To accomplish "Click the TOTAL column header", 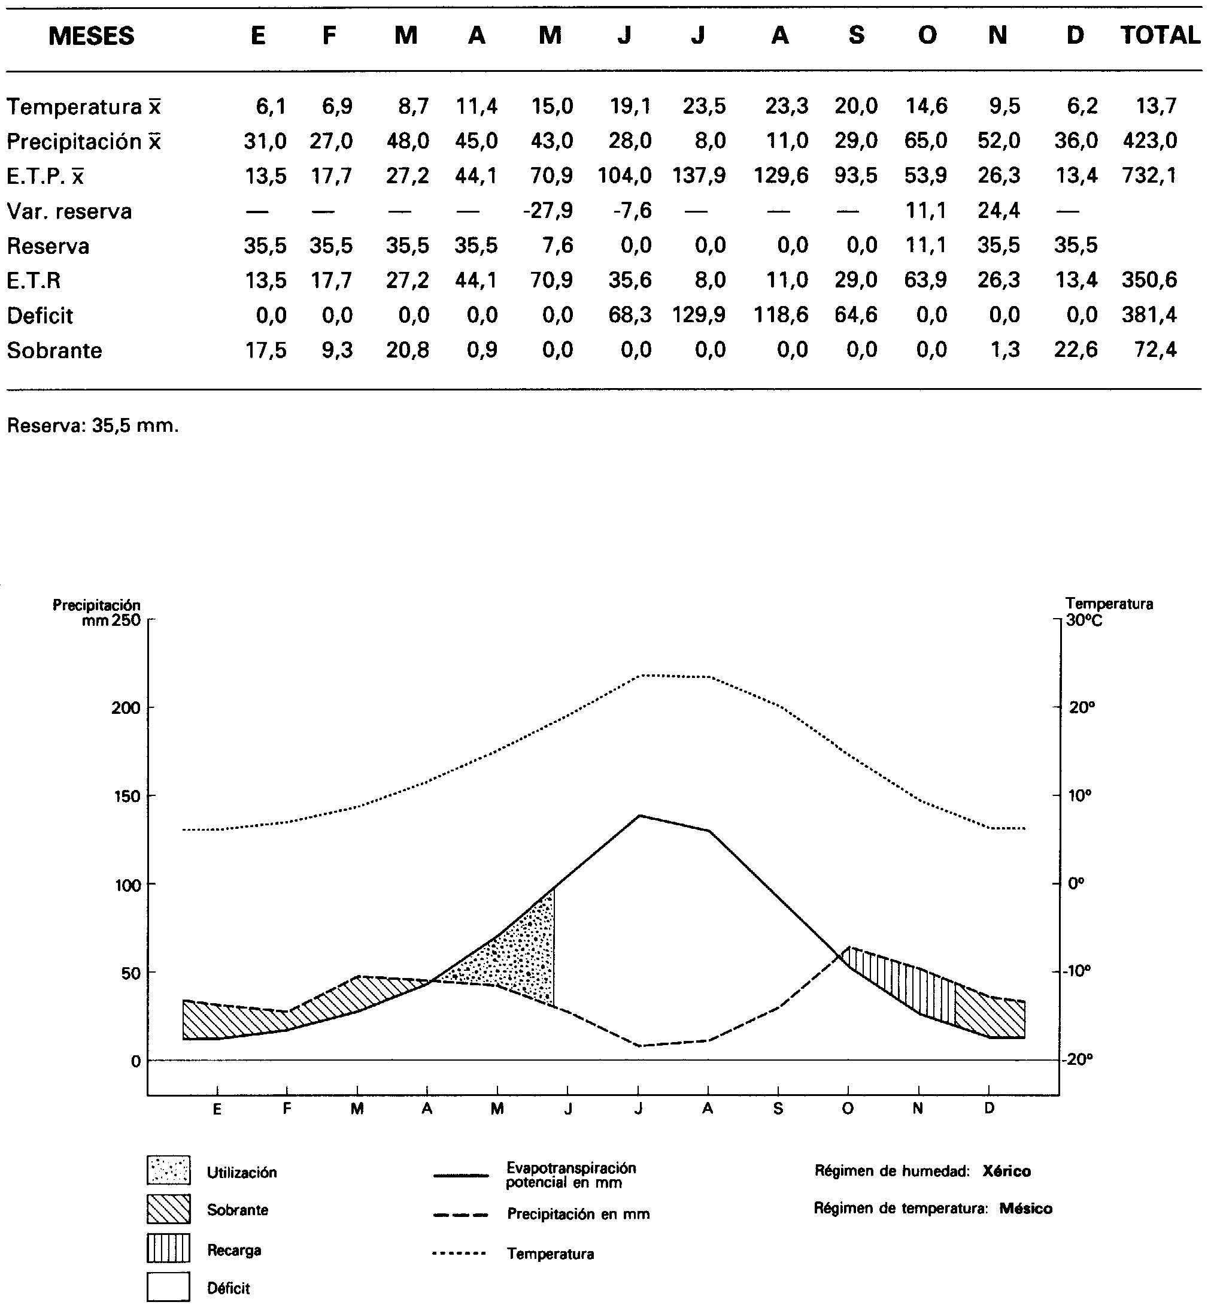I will pos(1160,35).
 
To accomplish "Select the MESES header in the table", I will pos(92,36).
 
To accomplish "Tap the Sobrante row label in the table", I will pos(54,350).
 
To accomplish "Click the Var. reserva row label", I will pos(69,211).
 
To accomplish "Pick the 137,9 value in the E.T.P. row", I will pos(699,175).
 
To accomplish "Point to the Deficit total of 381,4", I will pos(1149,315).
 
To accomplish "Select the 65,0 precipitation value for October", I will pos(925,141).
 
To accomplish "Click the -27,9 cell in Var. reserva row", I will pos(548,210).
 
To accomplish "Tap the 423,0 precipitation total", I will pos(1149,141).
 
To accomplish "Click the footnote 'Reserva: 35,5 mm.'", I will pos(93,425).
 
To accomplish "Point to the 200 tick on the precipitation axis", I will pos(126,708).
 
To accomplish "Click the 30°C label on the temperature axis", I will pos(1084,620).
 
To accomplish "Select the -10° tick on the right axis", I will pos(1078,970).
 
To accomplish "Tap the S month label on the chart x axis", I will pos(778,1109).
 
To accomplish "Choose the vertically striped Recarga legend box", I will pos(169,1248).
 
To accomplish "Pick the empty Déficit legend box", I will pos(169,1287).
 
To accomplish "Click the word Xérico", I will pos(1006,1171).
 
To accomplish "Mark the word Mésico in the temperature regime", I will pos(1025,1208).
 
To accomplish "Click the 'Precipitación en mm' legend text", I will pos(578,1214).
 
